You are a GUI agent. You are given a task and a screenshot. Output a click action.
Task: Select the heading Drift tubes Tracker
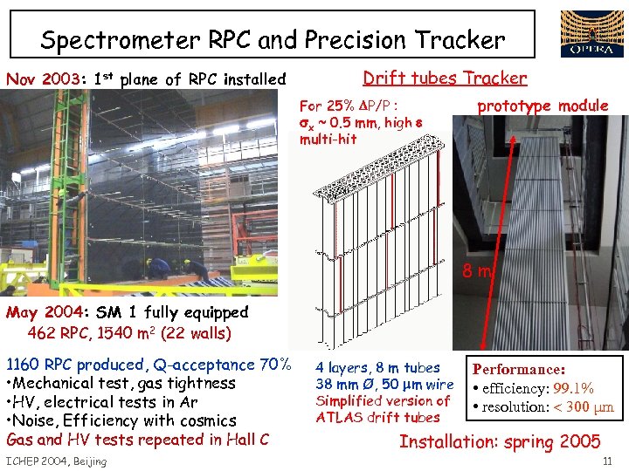point(445,78)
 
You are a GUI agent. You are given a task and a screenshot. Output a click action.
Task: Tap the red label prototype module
point(542,106)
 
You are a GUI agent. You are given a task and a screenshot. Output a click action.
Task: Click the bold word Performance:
point(519,370)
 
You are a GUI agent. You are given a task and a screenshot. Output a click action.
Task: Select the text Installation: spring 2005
point(500,441)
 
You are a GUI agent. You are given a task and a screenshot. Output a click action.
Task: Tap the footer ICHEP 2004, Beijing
point(56,461)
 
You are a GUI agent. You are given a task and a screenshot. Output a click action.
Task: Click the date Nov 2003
point(42,79)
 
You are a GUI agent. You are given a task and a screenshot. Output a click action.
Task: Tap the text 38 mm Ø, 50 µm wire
point(384,385)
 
